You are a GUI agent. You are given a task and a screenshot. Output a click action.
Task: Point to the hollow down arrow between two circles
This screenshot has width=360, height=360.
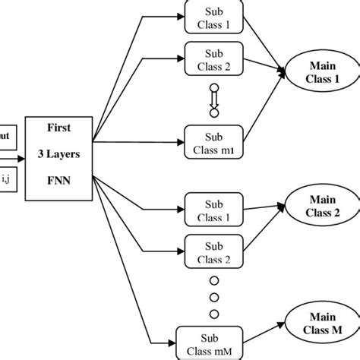213,97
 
